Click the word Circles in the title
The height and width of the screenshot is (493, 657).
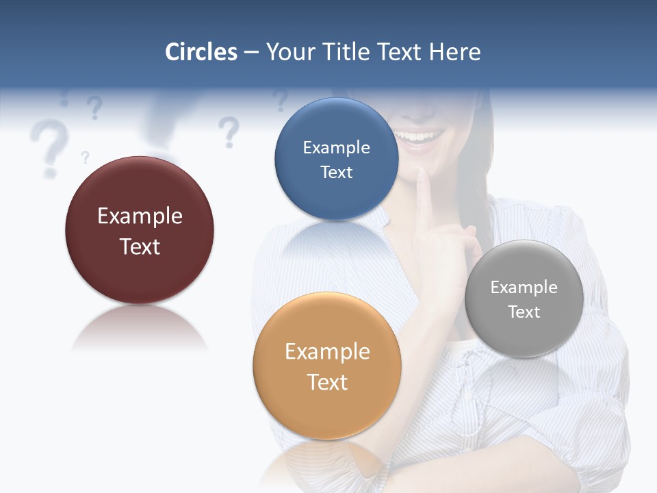tap(201, 52)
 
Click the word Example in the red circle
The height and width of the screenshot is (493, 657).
tap(140, 216)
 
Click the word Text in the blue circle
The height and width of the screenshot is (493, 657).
tap(336, 173)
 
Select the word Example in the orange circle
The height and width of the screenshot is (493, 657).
tap(327, 352)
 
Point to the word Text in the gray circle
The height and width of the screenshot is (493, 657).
tap(524, 312)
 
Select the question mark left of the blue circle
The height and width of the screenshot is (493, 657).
tap(229, 131)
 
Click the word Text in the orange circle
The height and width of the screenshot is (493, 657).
tap(327, 382)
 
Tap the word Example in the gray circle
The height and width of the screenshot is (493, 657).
tap(524, 288)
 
